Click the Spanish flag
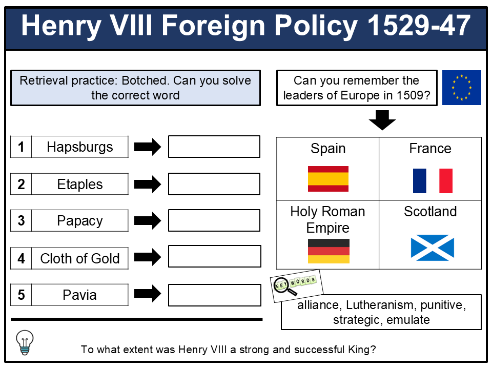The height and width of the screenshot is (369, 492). (328, 178)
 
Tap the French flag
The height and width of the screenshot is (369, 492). (433, 181)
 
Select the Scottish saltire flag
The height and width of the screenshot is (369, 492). (433, 248)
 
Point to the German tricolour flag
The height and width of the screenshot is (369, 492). (329, 251)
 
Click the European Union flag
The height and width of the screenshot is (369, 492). (462, 88)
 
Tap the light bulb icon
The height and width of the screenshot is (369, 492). (25, 342)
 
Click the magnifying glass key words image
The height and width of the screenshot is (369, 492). (297, 286)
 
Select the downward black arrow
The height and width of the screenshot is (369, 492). (382, 120)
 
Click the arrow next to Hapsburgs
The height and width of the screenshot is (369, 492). (148, 147)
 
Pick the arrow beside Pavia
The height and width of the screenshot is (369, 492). (148, 293)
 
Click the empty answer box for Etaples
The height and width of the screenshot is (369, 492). (214, 184)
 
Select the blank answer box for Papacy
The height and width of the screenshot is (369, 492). (214, 220)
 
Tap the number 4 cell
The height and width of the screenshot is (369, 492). (21, 258)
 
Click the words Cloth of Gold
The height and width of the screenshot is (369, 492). (80, 258)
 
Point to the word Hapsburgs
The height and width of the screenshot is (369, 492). (80, 147)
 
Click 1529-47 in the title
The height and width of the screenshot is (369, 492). (419, 26)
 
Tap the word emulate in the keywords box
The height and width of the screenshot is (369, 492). (408, 320)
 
